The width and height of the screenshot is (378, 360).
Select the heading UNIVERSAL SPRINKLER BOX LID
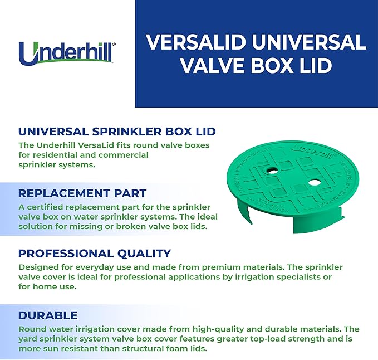(x=117, y=132)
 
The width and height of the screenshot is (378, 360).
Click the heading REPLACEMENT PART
(x=82, y=193)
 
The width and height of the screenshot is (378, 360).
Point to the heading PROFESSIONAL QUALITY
(x=95, y=254)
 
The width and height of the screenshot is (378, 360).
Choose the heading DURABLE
(x=48, y=315)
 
